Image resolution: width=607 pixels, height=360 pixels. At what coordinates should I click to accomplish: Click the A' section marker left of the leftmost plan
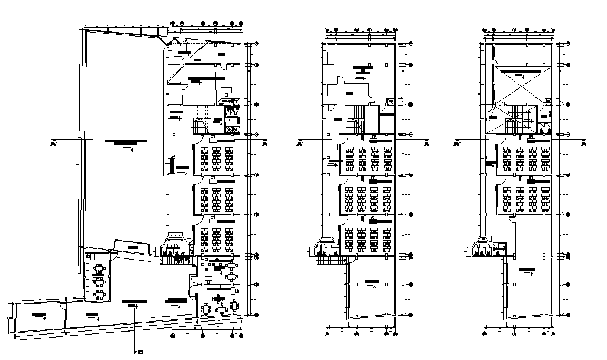[x=53, y=144]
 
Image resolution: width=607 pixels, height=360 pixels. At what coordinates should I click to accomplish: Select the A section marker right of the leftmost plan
[x=264, y=144]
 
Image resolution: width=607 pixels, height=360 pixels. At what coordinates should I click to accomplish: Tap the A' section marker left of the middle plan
[x=299, y=144]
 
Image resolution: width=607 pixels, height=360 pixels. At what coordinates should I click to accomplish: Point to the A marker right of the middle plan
[x=426, y=144]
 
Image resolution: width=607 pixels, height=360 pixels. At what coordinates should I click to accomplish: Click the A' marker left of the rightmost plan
[x=457, y=144]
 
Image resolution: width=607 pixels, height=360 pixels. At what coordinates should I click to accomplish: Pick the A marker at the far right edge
[x=584, y=144]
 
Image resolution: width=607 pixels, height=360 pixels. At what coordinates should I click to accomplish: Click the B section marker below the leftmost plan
[x=141, y=353]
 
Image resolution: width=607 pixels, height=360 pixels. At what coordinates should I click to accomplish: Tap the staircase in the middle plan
[x=357, y=120]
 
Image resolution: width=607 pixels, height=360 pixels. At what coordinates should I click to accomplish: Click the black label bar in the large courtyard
[x=125, y=141]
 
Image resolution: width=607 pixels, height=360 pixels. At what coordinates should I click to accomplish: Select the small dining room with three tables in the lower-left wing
[x=98, y=277]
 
